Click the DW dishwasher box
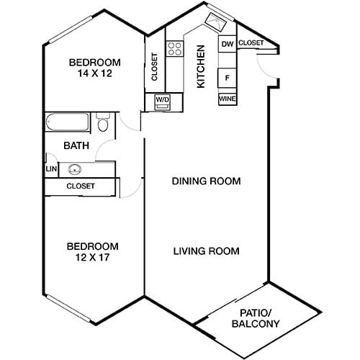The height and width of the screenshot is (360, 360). coord(227,45)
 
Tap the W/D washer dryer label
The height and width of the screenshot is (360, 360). coord(161,100)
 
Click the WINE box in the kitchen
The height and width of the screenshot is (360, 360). coord(227,98)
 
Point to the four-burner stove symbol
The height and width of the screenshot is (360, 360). coord(174,49)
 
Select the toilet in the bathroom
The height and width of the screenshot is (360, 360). coord(103,126)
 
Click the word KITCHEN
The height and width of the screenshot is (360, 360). coord(201,67)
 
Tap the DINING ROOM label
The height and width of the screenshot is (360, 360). coord(206,181)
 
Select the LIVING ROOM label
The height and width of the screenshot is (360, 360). coord(206,251)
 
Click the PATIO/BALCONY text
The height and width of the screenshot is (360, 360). coord(256,318)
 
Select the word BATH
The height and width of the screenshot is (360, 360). coord(76,145)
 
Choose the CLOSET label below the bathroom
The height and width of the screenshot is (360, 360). coord(81,186)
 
